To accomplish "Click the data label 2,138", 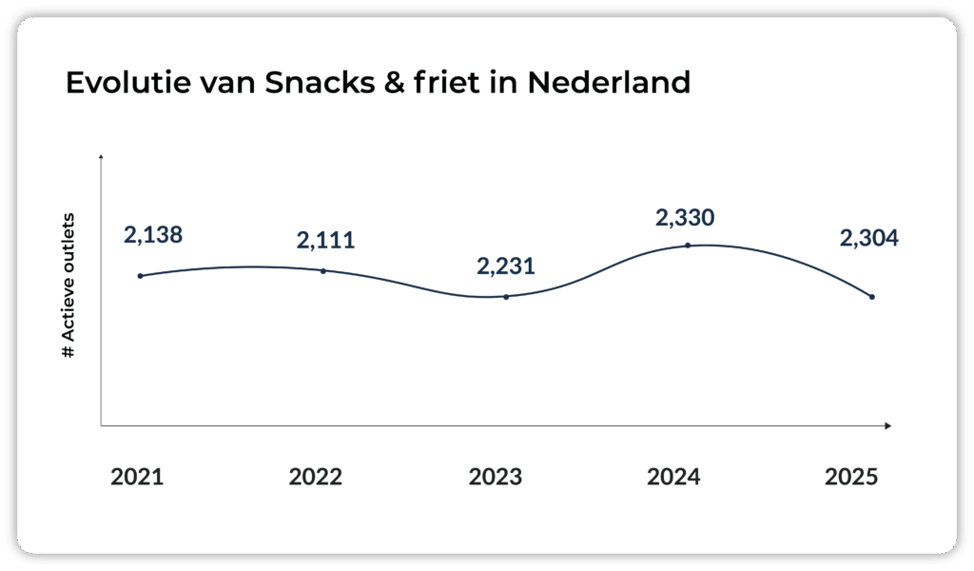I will pyautogui.click(x=153, y=235).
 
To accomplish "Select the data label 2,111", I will pyautogui.click(x=325, y=240).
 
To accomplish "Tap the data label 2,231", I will pyautogui.click(x=505, y=266).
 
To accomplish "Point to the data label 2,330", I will pyautogui.click(x=685, y=218).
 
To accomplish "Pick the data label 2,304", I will pyautogui.click(x=868, y=240).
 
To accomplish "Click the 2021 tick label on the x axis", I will pyautogui.click(x=137, y=477).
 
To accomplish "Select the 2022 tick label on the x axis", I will pyautogui.click(x=316, y=477).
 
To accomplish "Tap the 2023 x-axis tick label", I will pyautogui.click(x=495, y=477).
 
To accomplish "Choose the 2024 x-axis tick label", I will pyautogui.click(x=673, y=477).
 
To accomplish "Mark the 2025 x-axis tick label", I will pyautogui.click(x=852, y=477).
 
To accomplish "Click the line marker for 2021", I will pyautogui.click(x=140, y=276).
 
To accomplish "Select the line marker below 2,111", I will pyautogui.click(x=323, y=271).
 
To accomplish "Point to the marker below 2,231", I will pyautogui.click(x=506, y=297).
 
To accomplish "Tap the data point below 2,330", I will pyautogui.click(x=688, y=246).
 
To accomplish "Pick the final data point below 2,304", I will pyautogui.click(x=871, y=297).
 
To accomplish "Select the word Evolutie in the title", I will pyautogui.click(x=122, y=83).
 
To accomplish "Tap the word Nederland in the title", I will pyautogui.click(x=609, y=83).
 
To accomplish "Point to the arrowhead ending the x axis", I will pyautogui.click(x=886, y=425).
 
